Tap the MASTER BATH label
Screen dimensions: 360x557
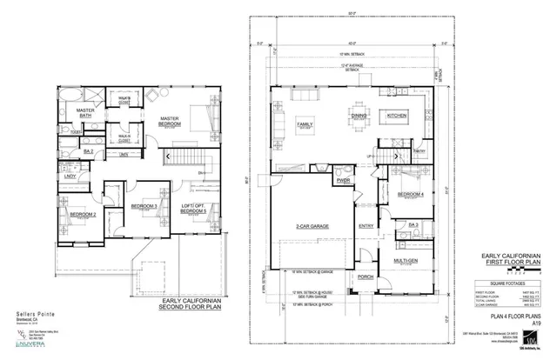point(85,115)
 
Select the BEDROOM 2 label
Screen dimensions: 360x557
point(83,214)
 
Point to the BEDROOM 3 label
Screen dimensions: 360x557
point(144,206)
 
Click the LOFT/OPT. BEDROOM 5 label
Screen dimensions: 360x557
point(194,209)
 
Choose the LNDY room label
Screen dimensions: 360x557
point(70,177)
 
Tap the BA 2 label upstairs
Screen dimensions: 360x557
point(88,151)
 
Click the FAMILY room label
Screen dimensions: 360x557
point(305,124)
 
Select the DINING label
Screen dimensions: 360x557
point(359,115)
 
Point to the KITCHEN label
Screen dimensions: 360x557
point(397,115)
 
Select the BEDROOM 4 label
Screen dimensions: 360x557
point(411,194)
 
